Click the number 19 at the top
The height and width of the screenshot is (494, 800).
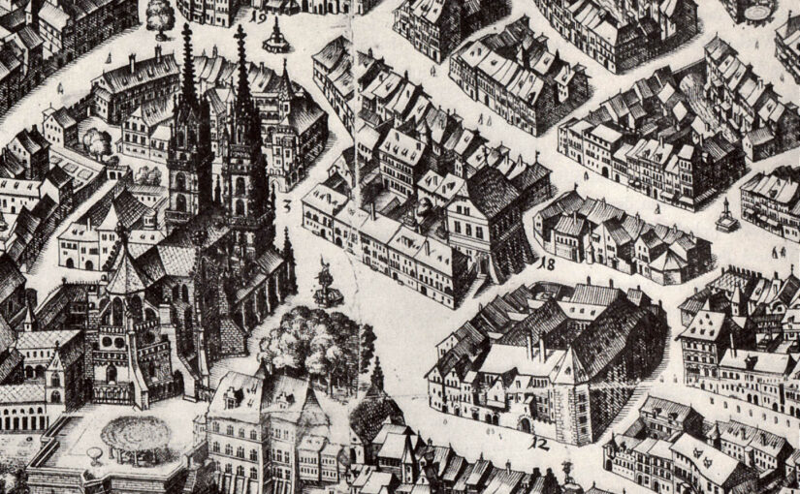coord(260,15)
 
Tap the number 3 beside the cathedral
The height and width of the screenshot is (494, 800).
coord(288,205)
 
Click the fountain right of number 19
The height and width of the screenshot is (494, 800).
coord(276,36)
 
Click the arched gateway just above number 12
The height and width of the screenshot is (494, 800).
coord(525,423)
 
